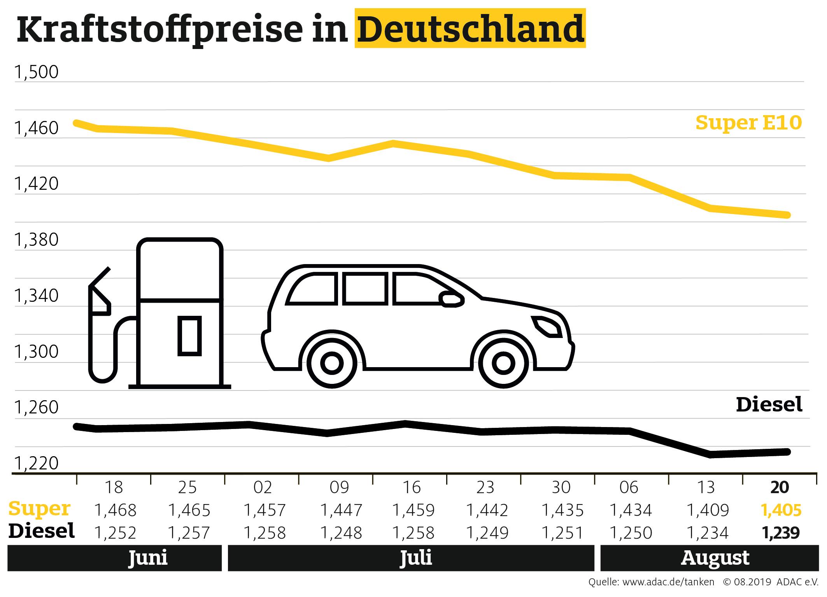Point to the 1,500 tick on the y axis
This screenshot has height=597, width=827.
click(x=37, y=72)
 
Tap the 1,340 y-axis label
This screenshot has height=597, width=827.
click(x=37, y=296)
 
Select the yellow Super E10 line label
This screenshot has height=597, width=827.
click(x=748, y=123)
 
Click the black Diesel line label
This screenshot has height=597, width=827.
click(x=769, y=404)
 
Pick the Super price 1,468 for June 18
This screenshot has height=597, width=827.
click(x=116, y=510)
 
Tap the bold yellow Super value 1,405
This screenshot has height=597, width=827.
click(x=781, y=510)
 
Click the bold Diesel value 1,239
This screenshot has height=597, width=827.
click(x=781, y=533)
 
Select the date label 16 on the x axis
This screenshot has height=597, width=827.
click(x=412, y=487)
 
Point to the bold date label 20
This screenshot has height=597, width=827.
click(x=780, y=487)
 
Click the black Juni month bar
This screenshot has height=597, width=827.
click(x=115, y=558)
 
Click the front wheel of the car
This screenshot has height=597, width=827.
click(x=503, y=363)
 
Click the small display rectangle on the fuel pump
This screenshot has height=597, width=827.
click(x=189, y=336)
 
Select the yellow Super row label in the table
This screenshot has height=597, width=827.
click(x=39, y=509)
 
